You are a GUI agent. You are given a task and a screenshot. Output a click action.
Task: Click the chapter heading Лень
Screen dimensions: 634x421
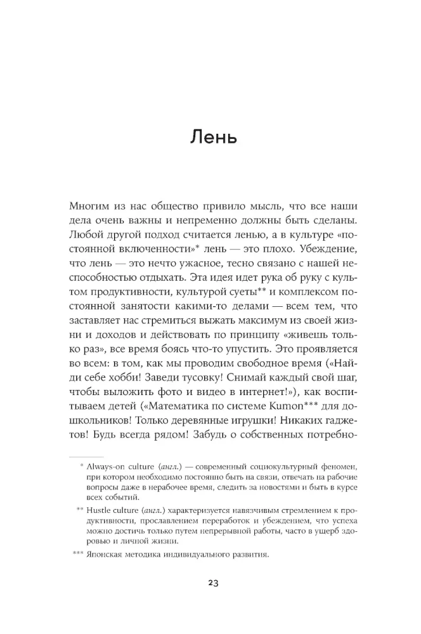213,137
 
